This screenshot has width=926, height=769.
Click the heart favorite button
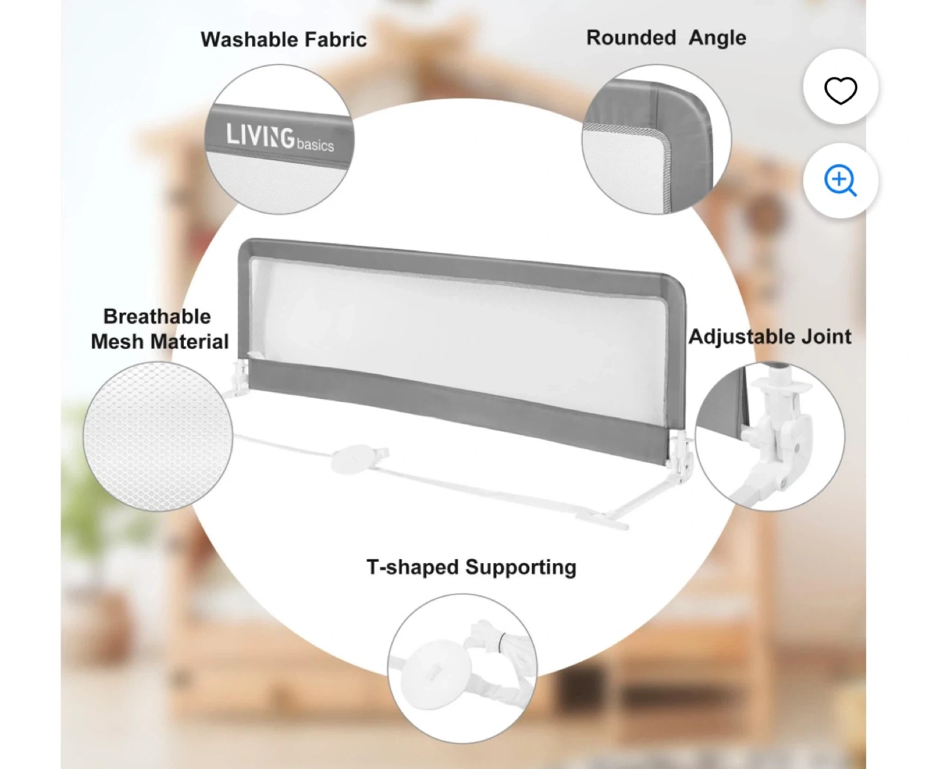coord(840,89)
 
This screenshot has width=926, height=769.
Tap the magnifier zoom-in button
coord(840,180)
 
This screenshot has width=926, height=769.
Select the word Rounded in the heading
coord(631,37)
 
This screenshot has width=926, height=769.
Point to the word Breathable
coord(157,317)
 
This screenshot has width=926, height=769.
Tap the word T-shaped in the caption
coord(413,567)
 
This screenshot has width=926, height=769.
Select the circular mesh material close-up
coord(158,436)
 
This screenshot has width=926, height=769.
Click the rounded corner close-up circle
coord(657,140)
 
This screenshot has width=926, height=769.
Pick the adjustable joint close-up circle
coord(770,436)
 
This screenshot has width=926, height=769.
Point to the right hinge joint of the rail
coord(680,454)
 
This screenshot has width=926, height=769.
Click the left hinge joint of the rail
coord(240,379)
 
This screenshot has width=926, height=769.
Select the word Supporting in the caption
coord(521,567)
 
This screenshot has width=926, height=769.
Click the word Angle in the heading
coord(717,38)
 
